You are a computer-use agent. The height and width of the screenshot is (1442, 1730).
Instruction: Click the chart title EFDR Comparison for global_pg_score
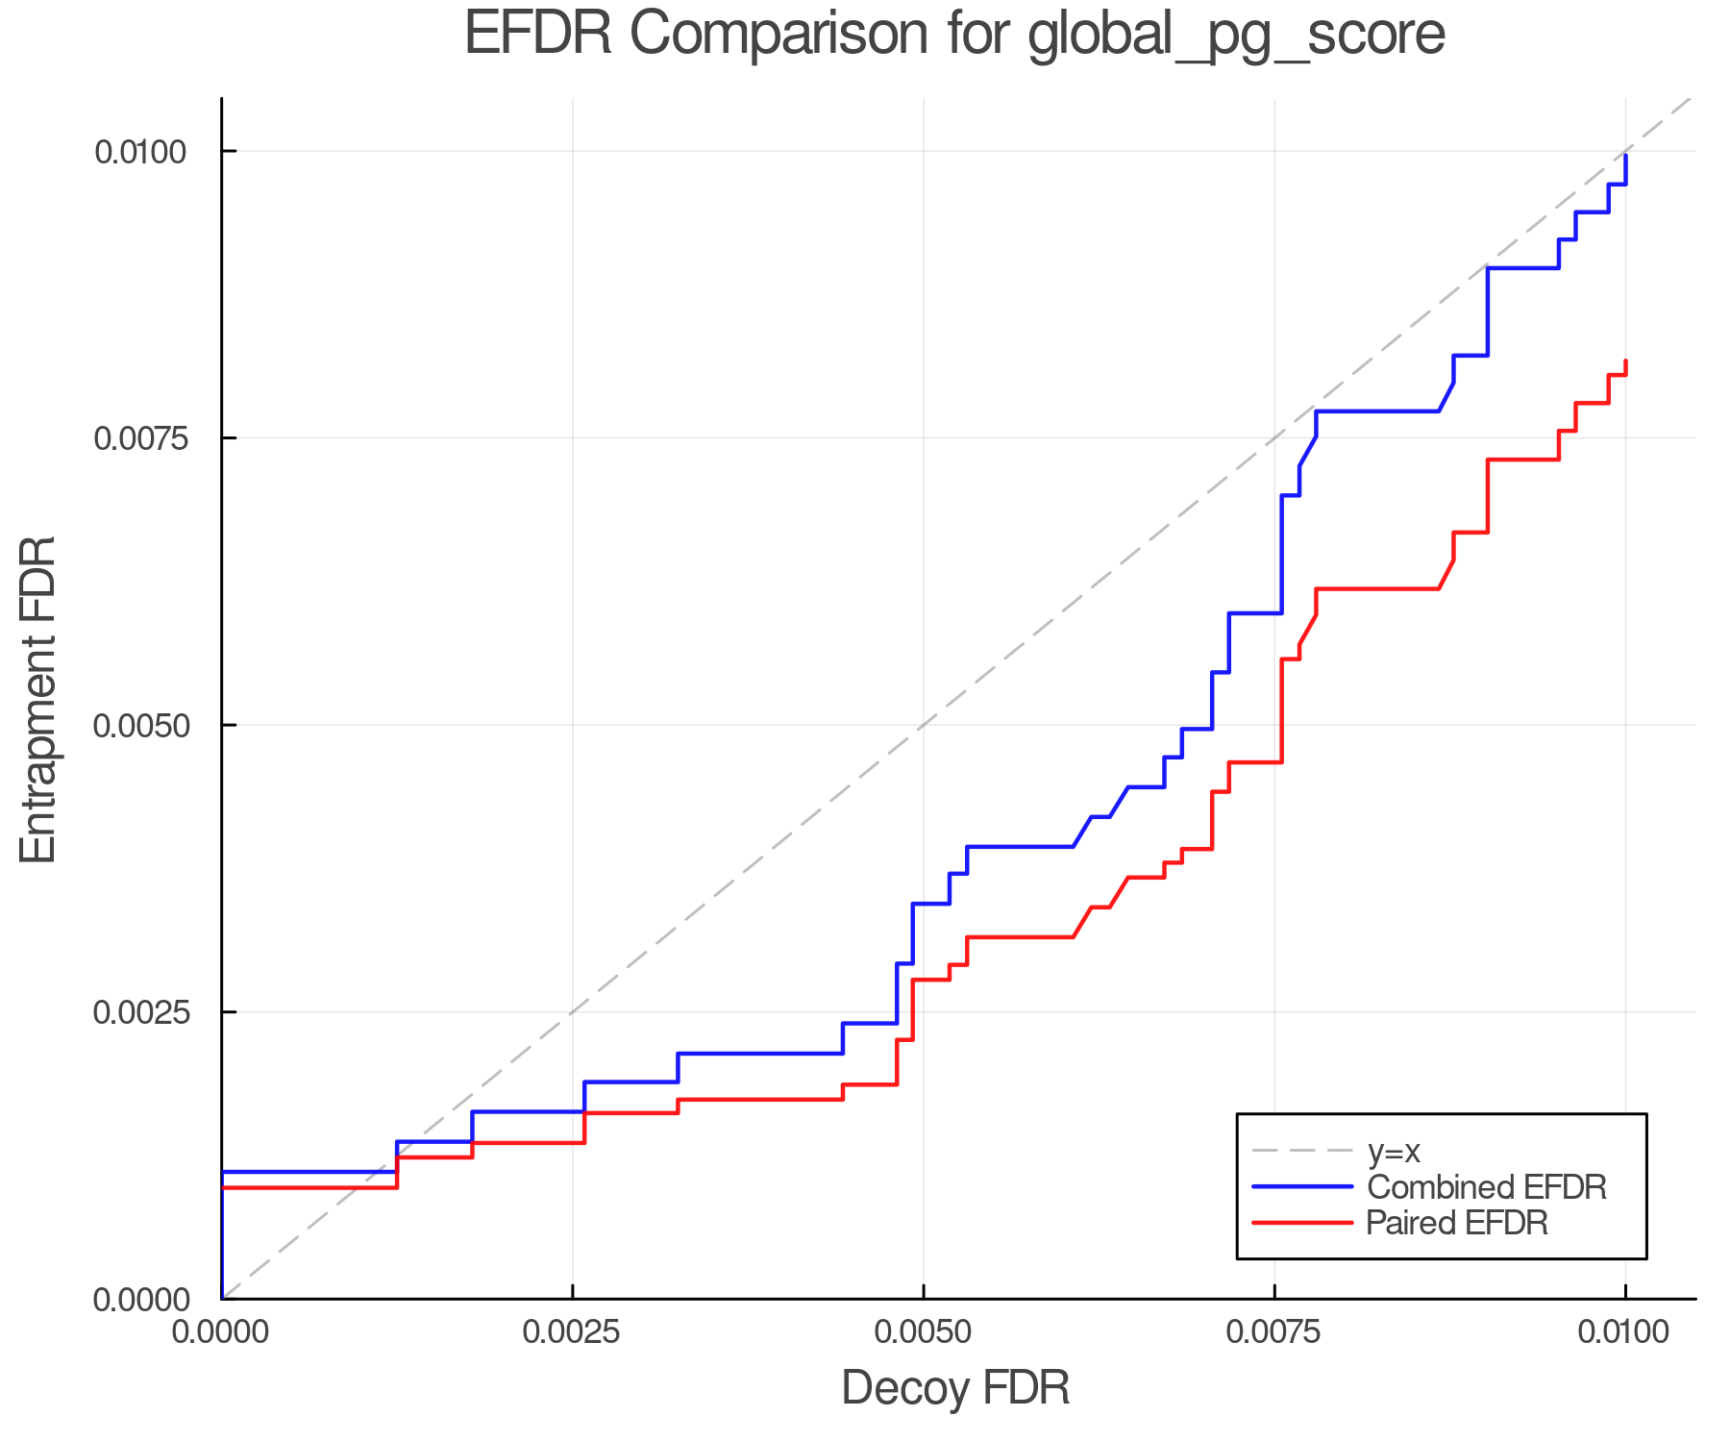pyautogui.click(x=954, y=35)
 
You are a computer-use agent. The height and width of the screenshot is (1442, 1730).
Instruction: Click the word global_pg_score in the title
pyautogui.click(x=1236, y=37)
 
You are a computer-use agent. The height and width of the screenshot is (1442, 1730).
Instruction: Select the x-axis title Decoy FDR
pyautogui.click(x=955, y=1388)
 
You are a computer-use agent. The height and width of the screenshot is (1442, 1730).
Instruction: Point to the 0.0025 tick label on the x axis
pyautogui.click(x=573, y=1332)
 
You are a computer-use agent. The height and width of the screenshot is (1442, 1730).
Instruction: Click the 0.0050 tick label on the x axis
pyautogui.click(x=924, y=1332)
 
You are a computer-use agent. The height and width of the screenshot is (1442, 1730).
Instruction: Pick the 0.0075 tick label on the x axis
pyautogui.click(x=1274, y=1332)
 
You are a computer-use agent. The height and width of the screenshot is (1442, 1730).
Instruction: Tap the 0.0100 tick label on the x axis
pyautogui.click(x=1624, y=1332)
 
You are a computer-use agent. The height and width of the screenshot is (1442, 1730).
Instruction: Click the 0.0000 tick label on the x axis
pyautogui.click(x=222, y=1332)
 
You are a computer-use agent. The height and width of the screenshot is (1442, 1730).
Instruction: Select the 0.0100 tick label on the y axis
pyautogui.click(x=140, y=152)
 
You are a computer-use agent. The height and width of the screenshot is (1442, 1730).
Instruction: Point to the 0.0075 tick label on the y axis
pyautogui.click(x=140, y=438)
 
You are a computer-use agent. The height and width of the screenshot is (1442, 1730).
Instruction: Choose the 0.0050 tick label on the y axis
pyautogui.click(x=140, y=725)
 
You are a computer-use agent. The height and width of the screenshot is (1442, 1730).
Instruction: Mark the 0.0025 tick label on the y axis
pyautogui.click(x=140, y=1012)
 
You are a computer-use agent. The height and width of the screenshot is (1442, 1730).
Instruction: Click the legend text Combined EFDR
pyautogui.click(x=1486, y=1187)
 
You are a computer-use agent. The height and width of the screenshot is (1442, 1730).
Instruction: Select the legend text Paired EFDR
pyautogui.click(x=1457, y=1223)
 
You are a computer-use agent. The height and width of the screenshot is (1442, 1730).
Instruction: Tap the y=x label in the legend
pyautogui.click(x=1394, y=1151)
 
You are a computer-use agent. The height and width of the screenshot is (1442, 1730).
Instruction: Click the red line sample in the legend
pyautogui.click(x=1302, y=1223)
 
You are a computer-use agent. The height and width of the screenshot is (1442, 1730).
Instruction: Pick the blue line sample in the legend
pyautogui.click(x=1302, y=1187)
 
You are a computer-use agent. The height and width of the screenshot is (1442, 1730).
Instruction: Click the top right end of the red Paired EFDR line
pyautogui.click(x=1625, y=361)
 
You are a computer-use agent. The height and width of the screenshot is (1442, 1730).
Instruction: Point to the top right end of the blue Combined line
pyautogui.click(x=1625, y=156)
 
